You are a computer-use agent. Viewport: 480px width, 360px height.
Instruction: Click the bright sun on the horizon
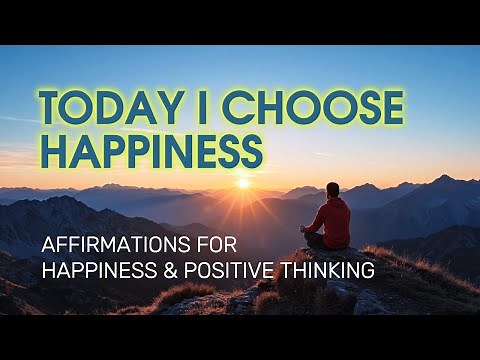[242, 183]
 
